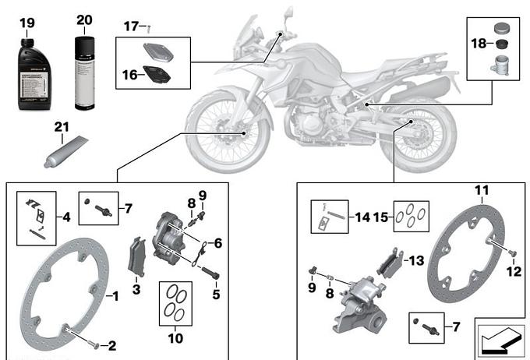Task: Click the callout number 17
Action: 130,27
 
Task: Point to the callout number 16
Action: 129,74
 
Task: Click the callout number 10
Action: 175,339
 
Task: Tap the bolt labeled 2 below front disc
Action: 95,344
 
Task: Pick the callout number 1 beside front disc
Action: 115,296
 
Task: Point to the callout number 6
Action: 218,243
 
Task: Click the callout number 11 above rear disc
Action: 482,189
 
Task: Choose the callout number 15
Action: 382,217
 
